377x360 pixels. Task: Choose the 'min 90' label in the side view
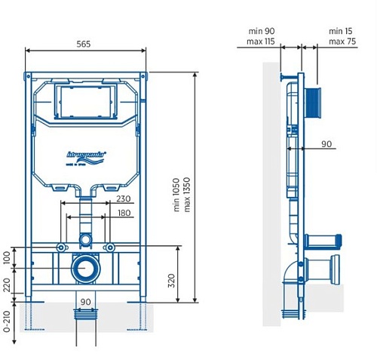coord(260,31)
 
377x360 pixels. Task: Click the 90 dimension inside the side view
coord(326,143)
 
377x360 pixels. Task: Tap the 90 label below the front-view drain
coord(85,302)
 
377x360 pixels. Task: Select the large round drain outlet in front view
coord(84,268)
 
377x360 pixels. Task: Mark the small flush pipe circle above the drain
coord(84,240)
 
